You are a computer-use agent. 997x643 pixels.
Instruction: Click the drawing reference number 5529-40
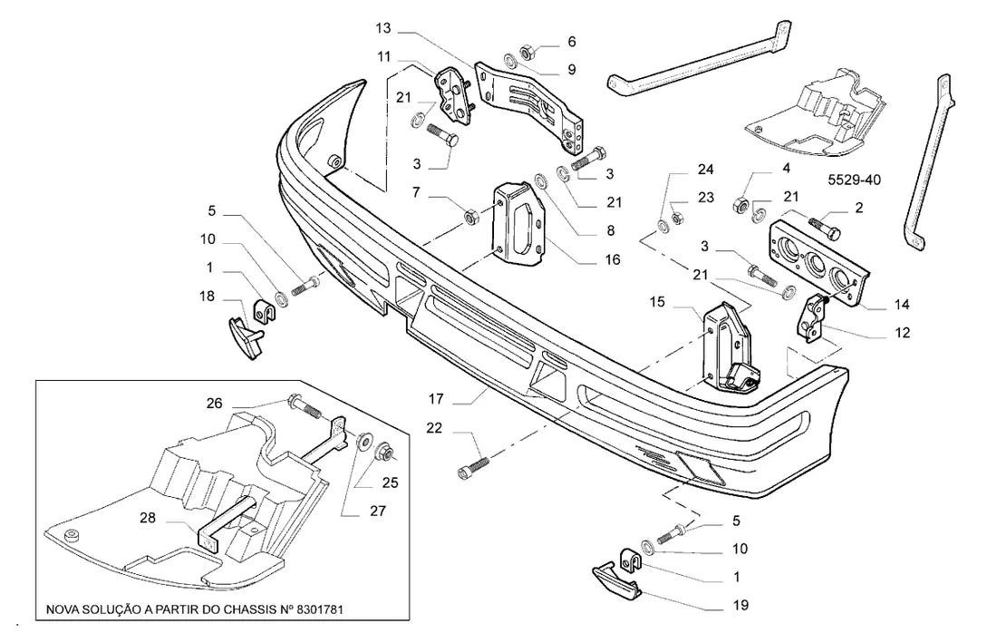854,180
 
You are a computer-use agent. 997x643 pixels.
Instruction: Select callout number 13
383,29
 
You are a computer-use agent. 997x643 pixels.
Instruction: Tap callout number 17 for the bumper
436,399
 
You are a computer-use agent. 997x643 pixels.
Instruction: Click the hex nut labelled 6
528,52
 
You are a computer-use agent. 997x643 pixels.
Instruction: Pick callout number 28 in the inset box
148,518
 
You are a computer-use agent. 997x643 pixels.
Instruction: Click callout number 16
613,259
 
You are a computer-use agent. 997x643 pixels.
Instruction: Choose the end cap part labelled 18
246,336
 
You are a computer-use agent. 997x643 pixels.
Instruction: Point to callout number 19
740,605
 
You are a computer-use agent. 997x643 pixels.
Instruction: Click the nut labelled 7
471,217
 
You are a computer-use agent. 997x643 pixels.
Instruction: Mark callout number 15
657,301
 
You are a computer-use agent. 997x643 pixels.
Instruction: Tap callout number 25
391,482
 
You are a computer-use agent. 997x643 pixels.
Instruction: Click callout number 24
706,170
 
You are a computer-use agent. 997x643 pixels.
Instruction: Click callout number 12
902,333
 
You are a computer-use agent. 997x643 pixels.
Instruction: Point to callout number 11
383,56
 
